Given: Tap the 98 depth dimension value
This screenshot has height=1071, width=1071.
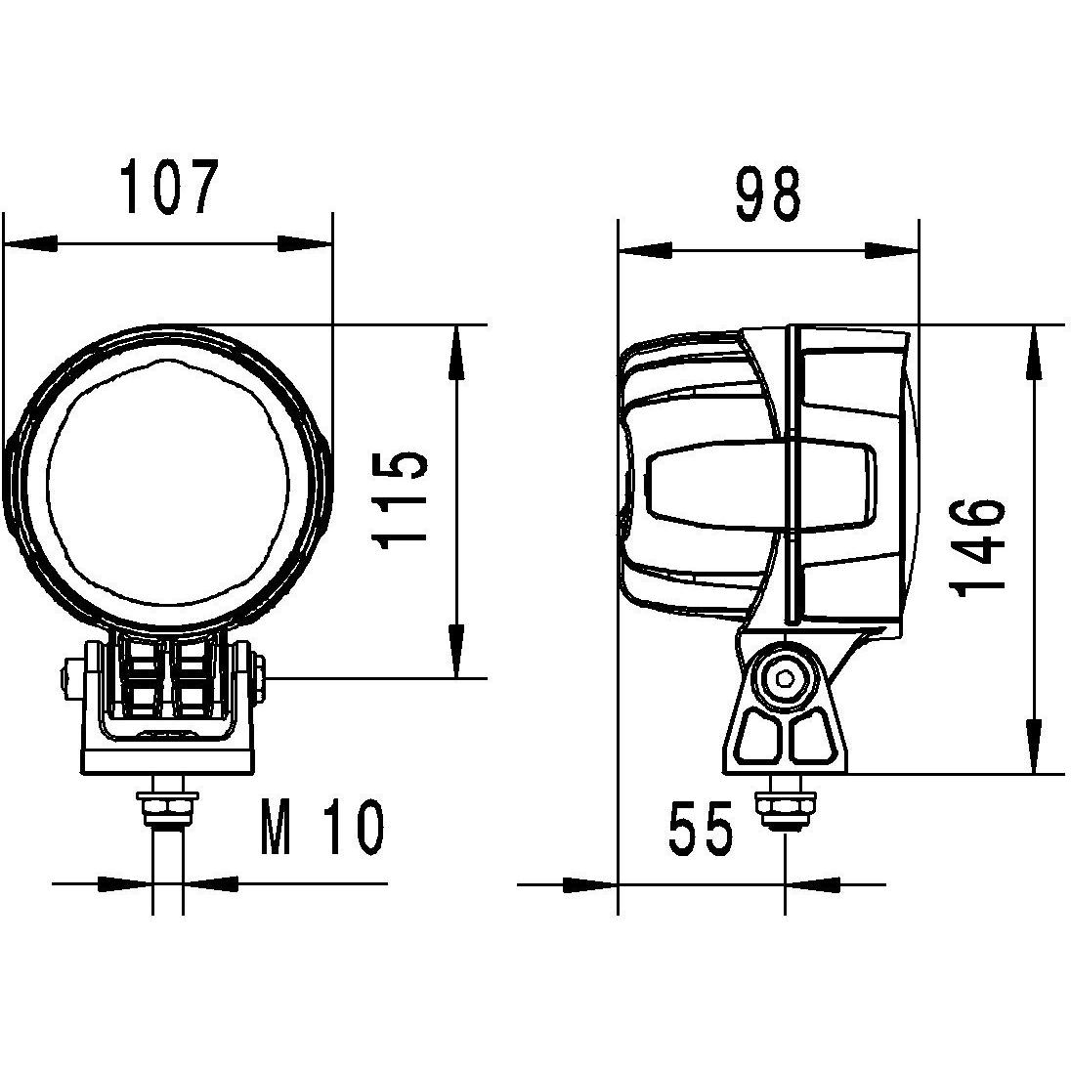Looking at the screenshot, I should [768, 194].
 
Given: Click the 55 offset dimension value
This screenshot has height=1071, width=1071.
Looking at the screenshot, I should [700, 831].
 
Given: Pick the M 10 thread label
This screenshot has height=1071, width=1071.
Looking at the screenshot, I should [322, 828].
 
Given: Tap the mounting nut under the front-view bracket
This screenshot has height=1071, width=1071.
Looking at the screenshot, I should [167, 807].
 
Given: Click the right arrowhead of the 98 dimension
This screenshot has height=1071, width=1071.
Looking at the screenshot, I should [891, 251].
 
